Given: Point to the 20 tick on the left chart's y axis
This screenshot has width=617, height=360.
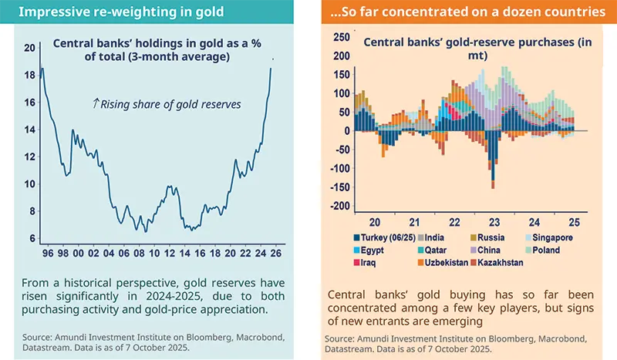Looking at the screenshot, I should (x=30, y=48).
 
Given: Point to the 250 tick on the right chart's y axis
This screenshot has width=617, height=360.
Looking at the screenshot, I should (x=339, y=37).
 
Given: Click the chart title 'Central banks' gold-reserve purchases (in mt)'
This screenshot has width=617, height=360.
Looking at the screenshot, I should (x=470, y=49).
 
